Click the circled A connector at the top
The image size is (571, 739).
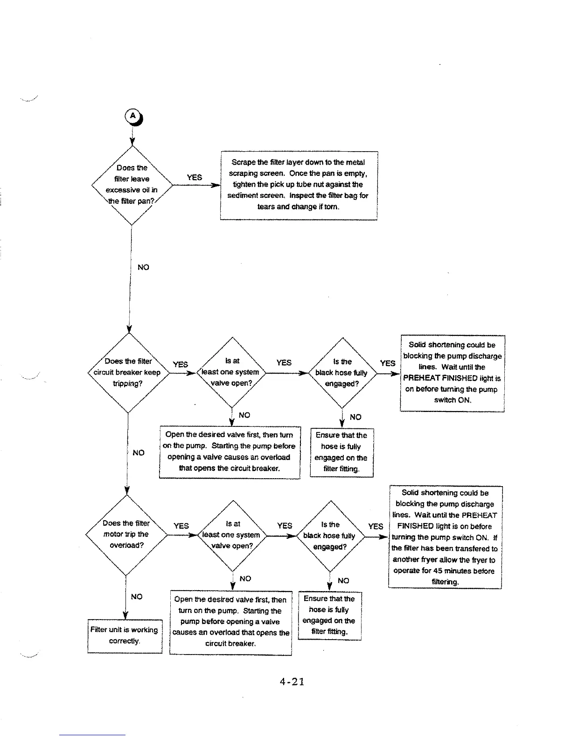[133, 116]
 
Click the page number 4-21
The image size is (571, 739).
[292, 682]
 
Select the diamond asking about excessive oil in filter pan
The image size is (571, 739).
[132, 185]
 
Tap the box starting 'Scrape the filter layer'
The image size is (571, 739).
[299, 185]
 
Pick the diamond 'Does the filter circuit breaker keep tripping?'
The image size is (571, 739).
[128, 373]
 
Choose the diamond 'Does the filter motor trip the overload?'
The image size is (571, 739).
[126, 535]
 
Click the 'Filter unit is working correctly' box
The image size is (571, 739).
[125, 635]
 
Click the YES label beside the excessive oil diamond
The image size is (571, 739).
[194, 177]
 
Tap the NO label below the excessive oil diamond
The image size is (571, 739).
[143, 267]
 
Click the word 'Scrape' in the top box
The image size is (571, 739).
[243, 162]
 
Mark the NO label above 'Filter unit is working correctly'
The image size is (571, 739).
[137, 597]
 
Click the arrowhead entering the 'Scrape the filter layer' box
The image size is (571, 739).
[216, 185]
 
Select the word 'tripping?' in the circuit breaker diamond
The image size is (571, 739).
[128, 383]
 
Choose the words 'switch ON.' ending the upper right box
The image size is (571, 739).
[453, 400]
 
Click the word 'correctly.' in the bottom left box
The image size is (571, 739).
[124, 641]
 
